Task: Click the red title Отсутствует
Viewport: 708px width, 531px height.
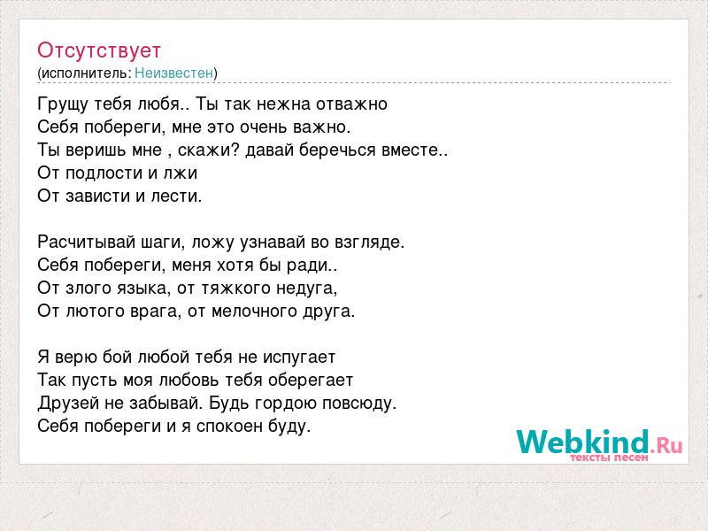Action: (99, 50)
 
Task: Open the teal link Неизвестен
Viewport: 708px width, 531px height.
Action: (173, 73)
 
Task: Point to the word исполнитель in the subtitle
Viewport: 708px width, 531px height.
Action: (86, 73)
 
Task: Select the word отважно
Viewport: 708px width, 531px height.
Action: (351, 104)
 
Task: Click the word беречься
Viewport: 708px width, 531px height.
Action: (338, 150)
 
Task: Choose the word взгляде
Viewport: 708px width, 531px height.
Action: (369, 242)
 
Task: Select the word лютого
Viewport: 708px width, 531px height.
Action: (96, 312)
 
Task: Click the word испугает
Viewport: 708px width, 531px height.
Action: (299, 358)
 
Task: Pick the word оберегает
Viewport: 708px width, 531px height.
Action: (311, 381)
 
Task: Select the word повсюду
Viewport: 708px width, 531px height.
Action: (359, 404)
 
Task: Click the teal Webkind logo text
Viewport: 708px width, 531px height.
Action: (582, 442)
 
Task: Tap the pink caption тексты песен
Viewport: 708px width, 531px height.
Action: (609, 458)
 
